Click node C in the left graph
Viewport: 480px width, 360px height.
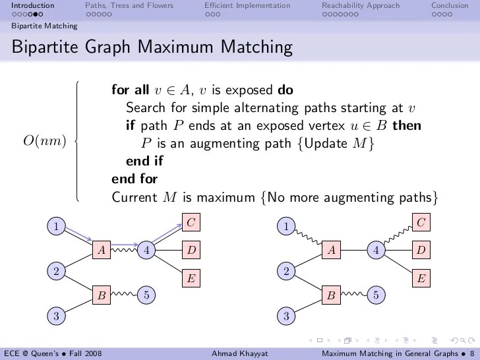(x=190, y=223)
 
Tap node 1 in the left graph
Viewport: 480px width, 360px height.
(x=57, y=227)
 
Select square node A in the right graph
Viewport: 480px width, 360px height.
(x=332, y=250)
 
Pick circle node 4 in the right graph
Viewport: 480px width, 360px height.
(x=376, y=250)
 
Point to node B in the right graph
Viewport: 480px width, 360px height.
(x=332, y=295)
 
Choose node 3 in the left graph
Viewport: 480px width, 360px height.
(x=57, y=316)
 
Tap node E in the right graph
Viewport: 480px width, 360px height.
(x=421, y=278)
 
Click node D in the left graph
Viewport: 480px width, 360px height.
(x=190, y=250)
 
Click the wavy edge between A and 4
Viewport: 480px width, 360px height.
(x=123, y=250)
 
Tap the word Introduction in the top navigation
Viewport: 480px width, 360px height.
(x=32, y=5)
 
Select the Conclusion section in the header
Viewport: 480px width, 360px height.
(x=450, y=5)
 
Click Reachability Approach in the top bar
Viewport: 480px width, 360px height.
(x=360, y=5)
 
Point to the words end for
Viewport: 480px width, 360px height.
(x=135, y=178)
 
